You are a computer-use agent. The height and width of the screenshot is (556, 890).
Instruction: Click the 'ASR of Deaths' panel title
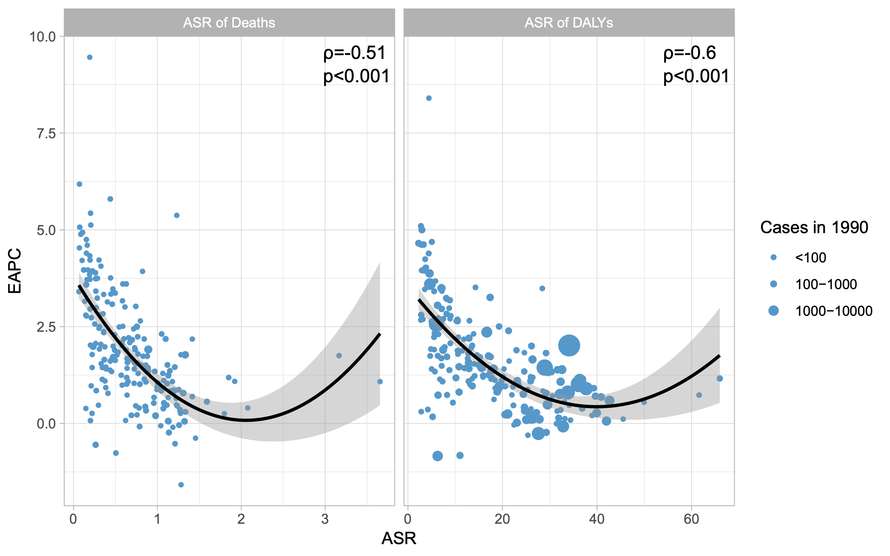[x=229, y=23]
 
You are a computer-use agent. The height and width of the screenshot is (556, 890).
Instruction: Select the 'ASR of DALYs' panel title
[x=568, y=23]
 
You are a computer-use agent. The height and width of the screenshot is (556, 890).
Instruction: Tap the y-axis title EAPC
[x=15, y=271]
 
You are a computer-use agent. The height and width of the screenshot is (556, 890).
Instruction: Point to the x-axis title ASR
[x=399, y=538]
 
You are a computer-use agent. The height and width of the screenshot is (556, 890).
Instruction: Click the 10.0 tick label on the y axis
[x=42, y=37]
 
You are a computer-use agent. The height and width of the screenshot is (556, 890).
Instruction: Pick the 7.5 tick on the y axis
[x=46, y=133]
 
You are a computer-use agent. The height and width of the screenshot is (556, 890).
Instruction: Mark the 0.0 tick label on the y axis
[x=46, y=424]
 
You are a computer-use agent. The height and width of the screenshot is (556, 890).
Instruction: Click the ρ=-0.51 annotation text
[x=355, y=53]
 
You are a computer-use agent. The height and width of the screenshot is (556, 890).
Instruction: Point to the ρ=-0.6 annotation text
[x=689, y=53]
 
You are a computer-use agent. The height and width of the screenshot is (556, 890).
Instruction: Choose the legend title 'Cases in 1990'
[x=814, y=227]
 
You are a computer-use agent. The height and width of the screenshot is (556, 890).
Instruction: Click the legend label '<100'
[x=811, y=258]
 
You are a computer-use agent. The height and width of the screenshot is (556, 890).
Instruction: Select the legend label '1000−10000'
[x=834, y=311]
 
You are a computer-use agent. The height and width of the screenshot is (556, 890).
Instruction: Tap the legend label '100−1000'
[x=826, y=284]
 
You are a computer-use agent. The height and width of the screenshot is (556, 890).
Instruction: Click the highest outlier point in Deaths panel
[x=89, y=57]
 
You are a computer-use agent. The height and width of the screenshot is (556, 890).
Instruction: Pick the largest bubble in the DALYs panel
[x=569, y=345]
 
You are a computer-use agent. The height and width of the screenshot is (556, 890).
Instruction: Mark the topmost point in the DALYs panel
[x=429, y=98]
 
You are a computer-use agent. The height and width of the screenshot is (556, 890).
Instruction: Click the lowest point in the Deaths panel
[x=181, y=485]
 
